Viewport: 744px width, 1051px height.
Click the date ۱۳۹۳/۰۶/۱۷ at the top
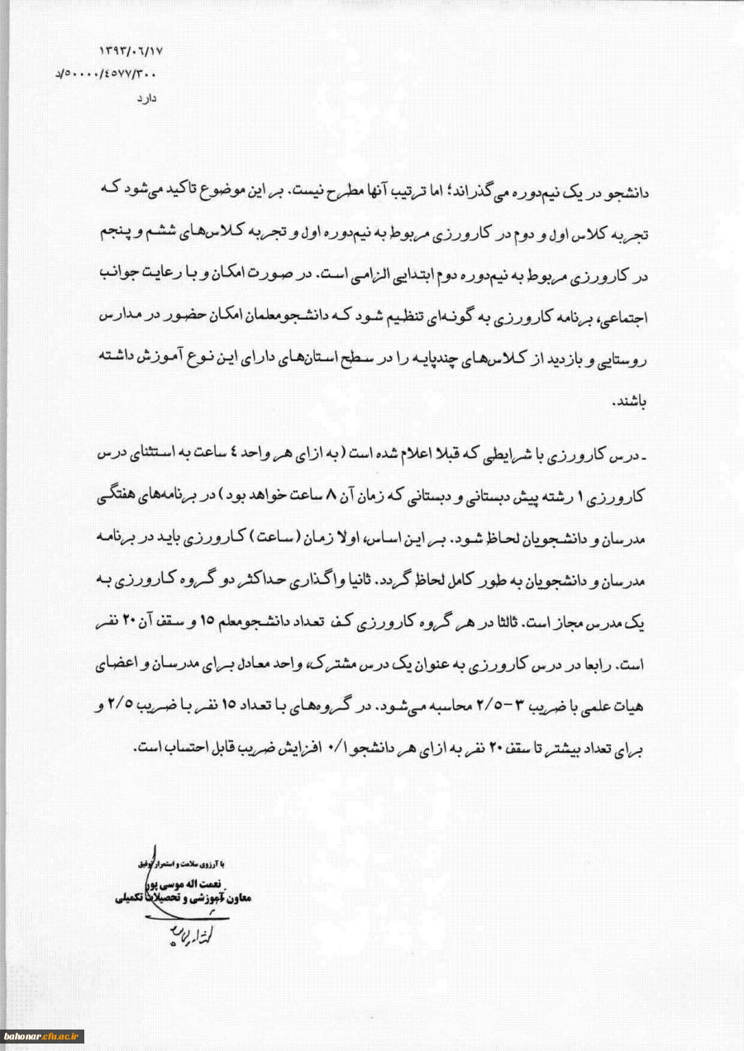pyautogui.click(x=131, y=50)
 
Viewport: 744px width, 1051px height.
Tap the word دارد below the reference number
pyautogui.click(x=145, y=97)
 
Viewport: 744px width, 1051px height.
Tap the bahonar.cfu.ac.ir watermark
pyautogui.click(x=44, y=1035)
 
